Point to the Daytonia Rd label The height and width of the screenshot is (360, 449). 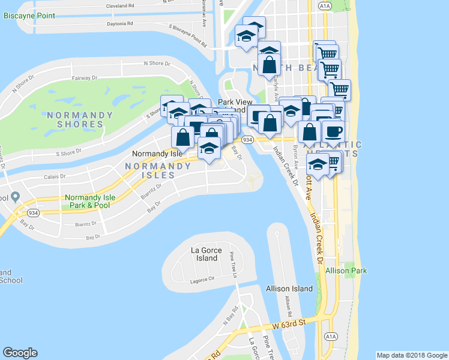coord(119,24)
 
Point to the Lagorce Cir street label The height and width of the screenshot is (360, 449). coord(202,280)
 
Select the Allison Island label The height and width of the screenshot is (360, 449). coord(290,289)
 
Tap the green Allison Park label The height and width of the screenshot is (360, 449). coord(346,271)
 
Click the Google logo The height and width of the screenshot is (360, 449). coord(20,353)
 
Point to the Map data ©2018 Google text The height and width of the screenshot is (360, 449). coord(411,355)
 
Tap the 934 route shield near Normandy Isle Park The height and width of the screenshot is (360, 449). coord(33,212)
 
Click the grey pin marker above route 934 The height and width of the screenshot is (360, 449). coord(16,197)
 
